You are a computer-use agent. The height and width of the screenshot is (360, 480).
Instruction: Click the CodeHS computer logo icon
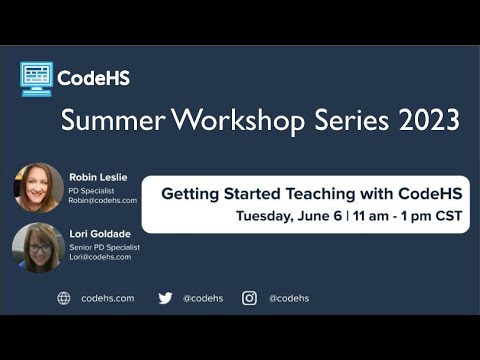[36, 78]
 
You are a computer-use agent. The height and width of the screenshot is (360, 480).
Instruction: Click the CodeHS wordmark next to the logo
[93, 78]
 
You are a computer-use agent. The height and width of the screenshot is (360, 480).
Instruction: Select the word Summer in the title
[108, 120]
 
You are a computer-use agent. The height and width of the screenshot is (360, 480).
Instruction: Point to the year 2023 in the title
[424, 120]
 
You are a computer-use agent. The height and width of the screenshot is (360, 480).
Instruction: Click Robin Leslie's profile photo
[38, 187]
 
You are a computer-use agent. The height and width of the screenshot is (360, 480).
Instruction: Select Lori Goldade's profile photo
[38, 248]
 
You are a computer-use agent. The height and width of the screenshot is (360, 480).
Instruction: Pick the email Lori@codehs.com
[98, 259]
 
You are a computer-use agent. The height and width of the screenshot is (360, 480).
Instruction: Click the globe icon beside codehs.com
[64, 298]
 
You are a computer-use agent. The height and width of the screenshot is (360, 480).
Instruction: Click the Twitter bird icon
[165, 298]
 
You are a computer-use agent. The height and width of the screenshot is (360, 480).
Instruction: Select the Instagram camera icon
[249, 298]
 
